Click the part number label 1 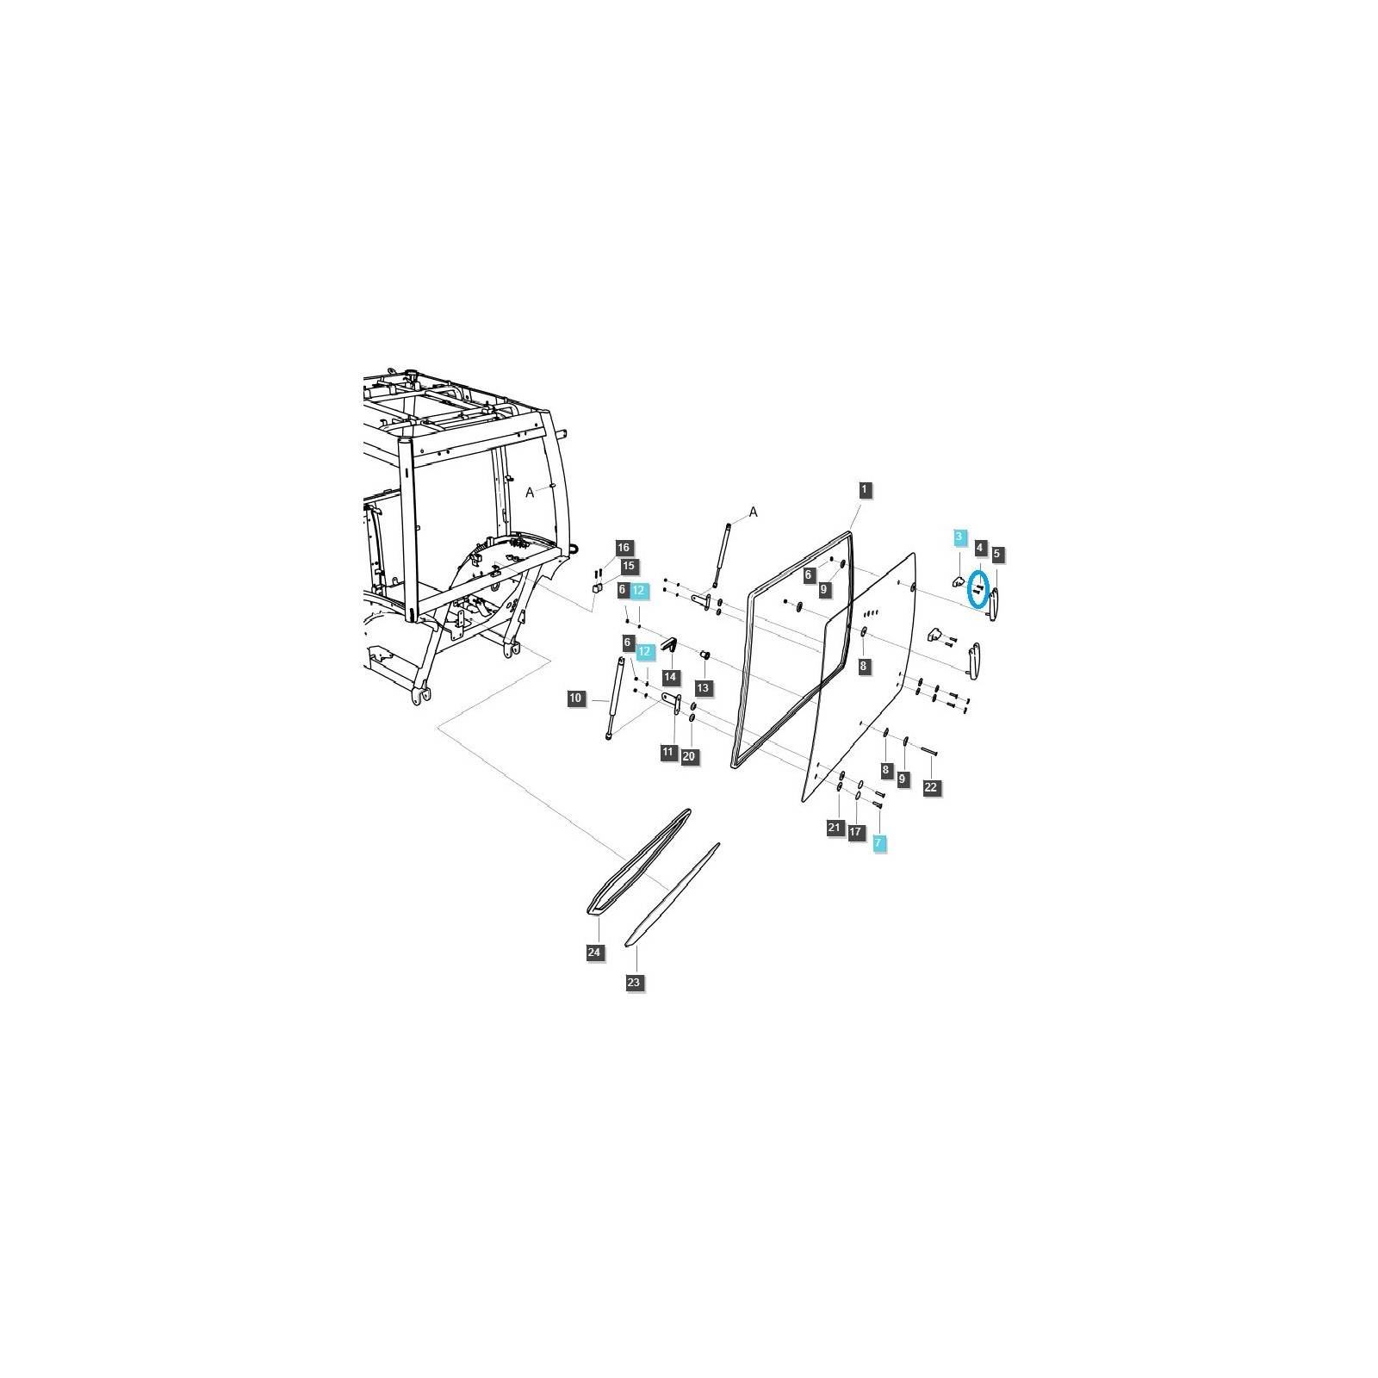coord(865,489)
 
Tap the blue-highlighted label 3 coord(959,537)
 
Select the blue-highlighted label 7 coord(878,843)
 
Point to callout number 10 coord(576,698)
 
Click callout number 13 coord(704,687)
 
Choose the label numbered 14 coord(670,677)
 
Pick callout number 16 coord(624,547)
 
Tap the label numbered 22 coord(931,786)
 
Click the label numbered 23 coord(634,983)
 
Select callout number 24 coord(594,952)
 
